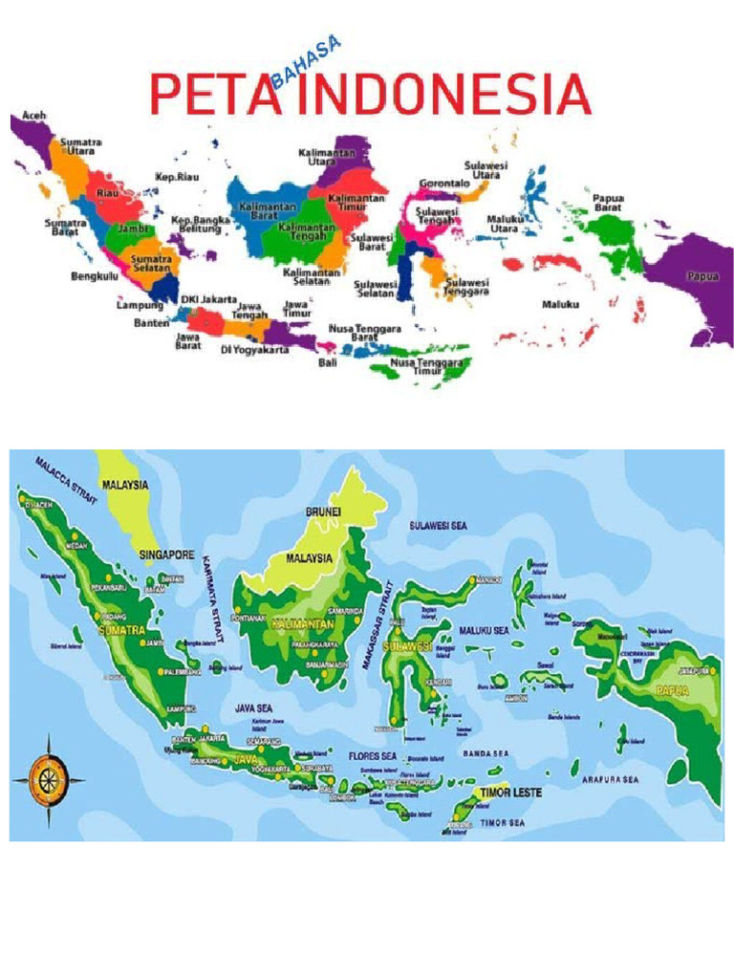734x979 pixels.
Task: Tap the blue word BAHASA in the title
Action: [x=306, y=61]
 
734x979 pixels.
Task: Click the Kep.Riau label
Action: [x=178, y=177]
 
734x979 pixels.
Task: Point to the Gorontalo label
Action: [x=444, y=183]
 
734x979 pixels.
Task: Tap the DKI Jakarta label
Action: [x=209, y=299]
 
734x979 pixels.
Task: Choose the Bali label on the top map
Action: [x=328, y=363]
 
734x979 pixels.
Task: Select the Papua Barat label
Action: [x=609, y=202]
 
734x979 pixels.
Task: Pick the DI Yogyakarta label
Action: [x=254, y=350]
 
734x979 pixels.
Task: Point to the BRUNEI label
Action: [x=323, y=512]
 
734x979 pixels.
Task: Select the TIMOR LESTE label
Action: [x=510, y=793]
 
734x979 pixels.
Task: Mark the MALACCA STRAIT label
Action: [x=66, y=477]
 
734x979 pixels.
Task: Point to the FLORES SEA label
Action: [x=375, y=756]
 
